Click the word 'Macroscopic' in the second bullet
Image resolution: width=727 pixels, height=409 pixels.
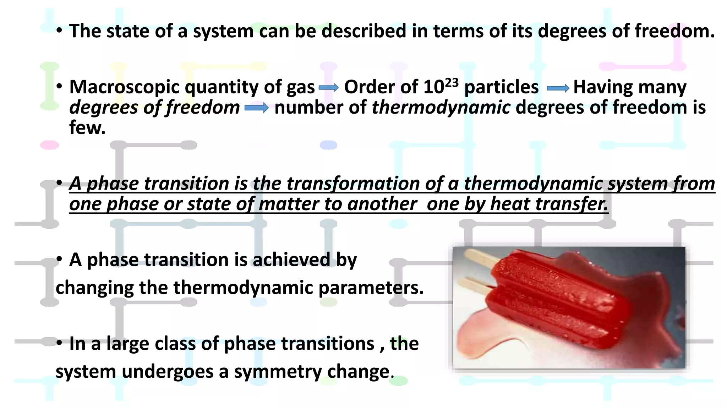tap(125, 87)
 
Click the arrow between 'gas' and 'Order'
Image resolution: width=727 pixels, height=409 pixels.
tap(329, 88)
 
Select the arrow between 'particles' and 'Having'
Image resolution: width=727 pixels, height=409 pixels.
tap(558, 88)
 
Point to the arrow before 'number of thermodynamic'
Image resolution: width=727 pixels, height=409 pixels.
tap(256, 108)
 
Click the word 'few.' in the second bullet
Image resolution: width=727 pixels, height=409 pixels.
tap(87, 128)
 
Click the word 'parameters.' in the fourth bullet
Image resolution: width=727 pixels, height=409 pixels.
tap(371, 288)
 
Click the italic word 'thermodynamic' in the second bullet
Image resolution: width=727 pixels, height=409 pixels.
tap(441, 108)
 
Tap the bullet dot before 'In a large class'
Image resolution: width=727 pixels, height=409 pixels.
tap(59, 343)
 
